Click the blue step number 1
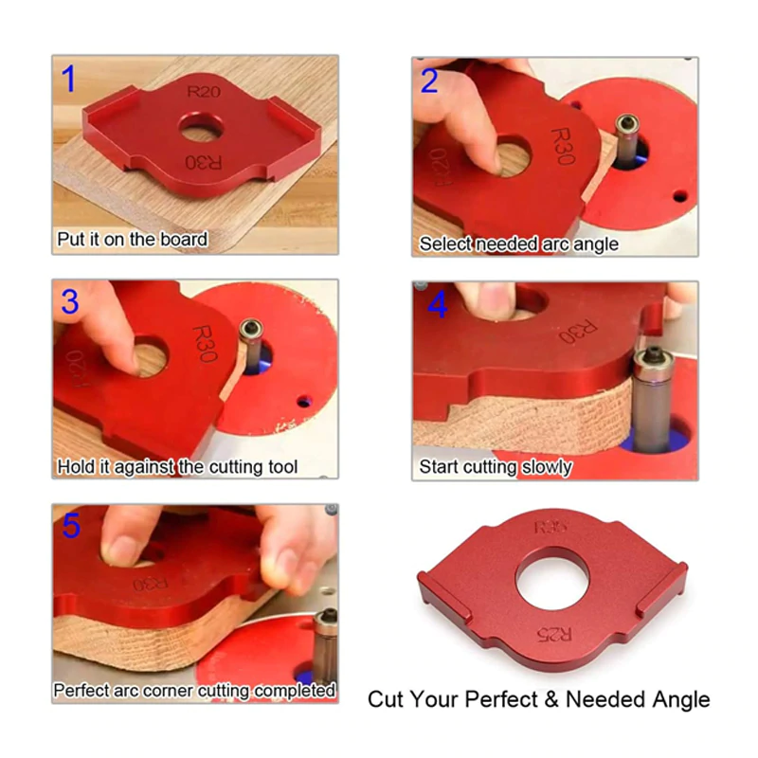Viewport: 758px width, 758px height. [68, 80]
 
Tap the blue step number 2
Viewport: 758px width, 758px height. [429, 81]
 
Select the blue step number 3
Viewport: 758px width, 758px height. [69, 302]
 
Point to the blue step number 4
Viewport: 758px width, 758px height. [437, 304]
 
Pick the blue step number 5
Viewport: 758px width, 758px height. [70, 526]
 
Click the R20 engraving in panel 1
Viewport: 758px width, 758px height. [203, 92]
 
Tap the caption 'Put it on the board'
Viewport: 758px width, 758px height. [132, 240]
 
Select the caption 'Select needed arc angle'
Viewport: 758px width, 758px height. [518, 244]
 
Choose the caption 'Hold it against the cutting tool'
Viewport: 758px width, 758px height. [177, 467]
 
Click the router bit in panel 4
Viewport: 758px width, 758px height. [653, 398]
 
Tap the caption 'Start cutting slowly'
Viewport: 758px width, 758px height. [496, 467]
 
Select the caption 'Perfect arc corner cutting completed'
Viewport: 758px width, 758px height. [194, 691]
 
